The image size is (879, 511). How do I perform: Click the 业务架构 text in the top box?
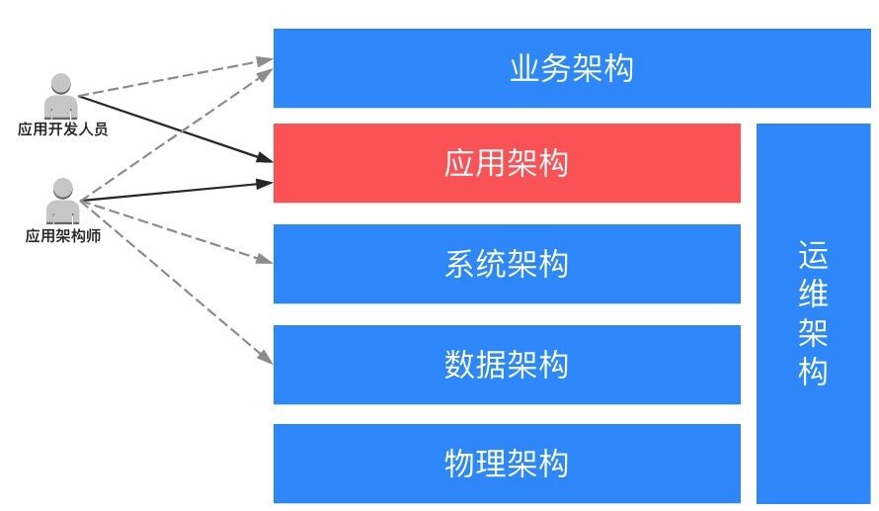pos(571,68)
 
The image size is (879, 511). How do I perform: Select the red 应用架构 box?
pos(507,163)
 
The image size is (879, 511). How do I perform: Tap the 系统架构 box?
pos(507,264)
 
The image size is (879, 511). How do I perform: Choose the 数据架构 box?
pos(507,365)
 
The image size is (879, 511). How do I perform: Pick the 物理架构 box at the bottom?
pos(507,463)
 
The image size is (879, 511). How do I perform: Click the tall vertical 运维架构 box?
pos(812,313)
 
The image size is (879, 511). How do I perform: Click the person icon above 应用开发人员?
pos(61,97)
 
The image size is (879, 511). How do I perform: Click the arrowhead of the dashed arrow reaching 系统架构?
pos(265,261)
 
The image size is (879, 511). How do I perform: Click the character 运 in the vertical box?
pos(813,256)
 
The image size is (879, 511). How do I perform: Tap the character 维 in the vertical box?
pos(813,295)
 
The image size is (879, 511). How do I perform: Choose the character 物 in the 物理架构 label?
pos(460,463)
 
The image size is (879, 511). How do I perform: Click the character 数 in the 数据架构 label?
pos(460,365)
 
